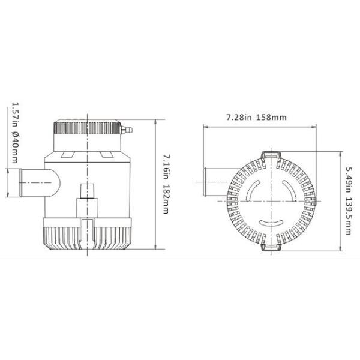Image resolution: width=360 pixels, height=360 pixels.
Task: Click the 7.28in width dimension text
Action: click(x=238, y=116)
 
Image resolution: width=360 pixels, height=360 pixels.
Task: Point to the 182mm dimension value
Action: click(x=167, y=200)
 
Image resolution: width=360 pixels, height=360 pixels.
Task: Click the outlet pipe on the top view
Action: click(x=213, y=182)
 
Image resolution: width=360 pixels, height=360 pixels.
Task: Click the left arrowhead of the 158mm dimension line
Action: click(x=205, y=127)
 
